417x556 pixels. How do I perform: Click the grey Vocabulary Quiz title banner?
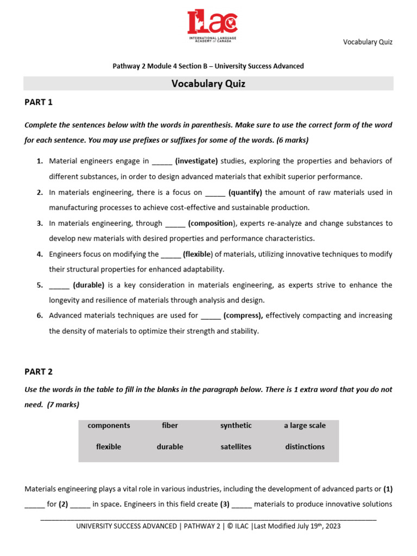pos(208,84)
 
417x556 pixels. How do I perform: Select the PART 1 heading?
pos(39,102)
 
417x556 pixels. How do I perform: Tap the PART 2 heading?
pos(39,372)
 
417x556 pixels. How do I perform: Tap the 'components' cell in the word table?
pos(109,426)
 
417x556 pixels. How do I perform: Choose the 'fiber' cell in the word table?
pos(170,426)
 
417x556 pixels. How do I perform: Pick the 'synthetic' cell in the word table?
pos(236,426)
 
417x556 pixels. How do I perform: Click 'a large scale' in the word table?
pos(305,426)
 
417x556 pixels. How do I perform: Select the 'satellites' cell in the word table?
pos(236,447)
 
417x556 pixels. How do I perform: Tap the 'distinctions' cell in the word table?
pos(305,447)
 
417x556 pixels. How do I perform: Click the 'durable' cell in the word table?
pos(170,447)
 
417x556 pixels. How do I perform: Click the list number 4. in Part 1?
pos(40,254)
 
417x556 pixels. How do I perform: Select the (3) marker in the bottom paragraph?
pos(225,504)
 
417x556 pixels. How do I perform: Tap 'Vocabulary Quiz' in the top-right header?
pos(368,42)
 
